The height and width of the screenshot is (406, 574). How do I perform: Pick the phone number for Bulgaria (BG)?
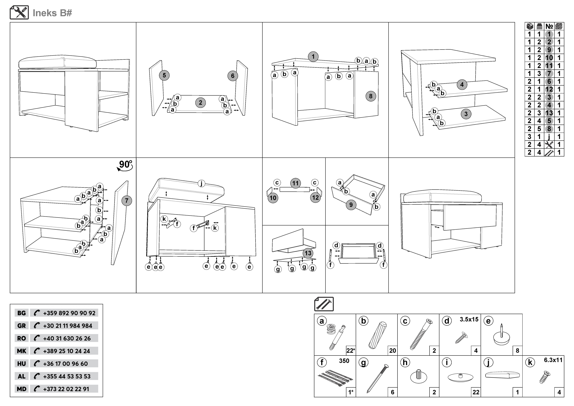(69, 313)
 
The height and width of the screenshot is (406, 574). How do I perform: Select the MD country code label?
(21, 389)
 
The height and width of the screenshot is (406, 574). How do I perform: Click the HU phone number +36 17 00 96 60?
(66, 364)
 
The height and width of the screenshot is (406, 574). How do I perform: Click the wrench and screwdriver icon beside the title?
(19, 13)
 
